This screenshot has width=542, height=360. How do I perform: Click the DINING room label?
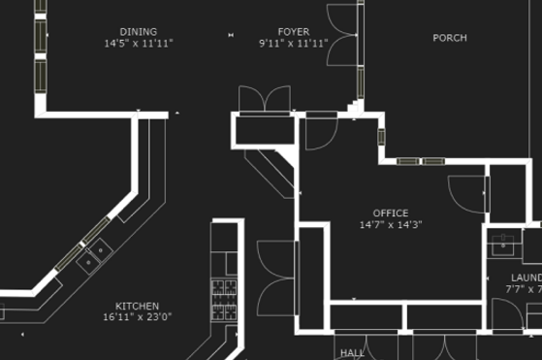click(x=138, y=32)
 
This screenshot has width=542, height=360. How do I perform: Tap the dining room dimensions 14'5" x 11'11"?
click(x=138, y=44)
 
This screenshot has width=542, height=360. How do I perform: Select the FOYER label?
click(x=294, y=32)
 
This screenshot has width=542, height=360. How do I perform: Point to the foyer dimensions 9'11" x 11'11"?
click(x=294, y=44)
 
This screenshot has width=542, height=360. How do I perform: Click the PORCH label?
click(x=449, y=38)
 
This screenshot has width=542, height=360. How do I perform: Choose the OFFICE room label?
click(x=391, y=213)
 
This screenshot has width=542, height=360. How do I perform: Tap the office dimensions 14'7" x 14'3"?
click(x=391, y=225)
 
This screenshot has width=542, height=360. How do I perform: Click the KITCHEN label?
click(x=137, y=305)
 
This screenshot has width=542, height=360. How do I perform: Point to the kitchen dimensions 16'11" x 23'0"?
click(x=137, y=316)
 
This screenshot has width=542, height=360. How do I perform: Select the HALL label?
click(x=352, y=353)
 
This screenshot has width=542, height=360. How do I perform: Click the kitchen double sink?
click(x=95, y=257)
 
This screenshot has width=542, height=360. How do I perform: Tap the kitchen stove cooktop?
click(x=225, y=297)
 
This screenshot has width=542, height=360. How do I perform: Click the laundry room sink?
click(x=505, y=245)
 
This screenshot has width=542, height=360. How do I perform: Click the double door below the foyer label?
click(x=265, y=101)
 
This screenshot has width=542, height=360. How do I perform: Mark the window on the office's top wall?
click(x=420, y=161)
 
